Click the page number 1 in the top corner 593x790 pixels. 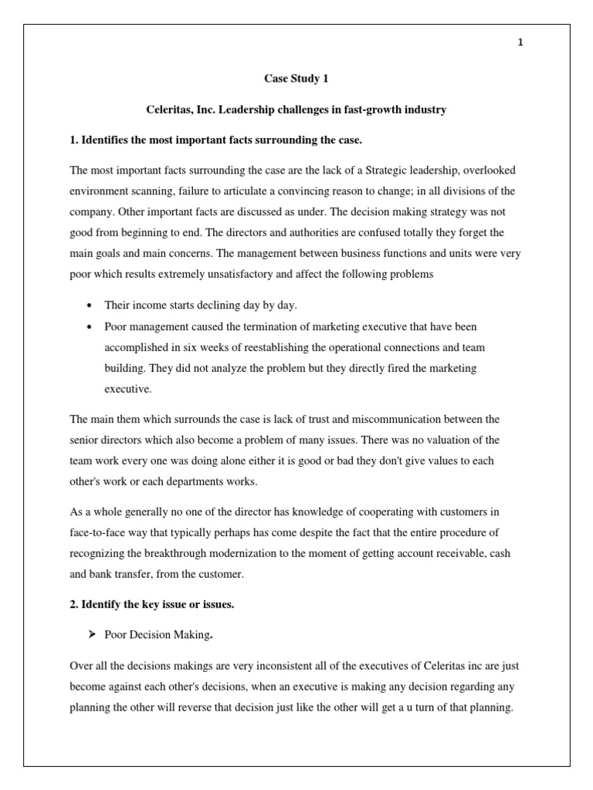tap(520, 42)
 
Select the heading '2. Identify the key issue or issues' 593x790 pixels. tap(151, 604)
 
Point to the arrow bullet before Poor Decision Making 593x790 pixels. tap(91, 634)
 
